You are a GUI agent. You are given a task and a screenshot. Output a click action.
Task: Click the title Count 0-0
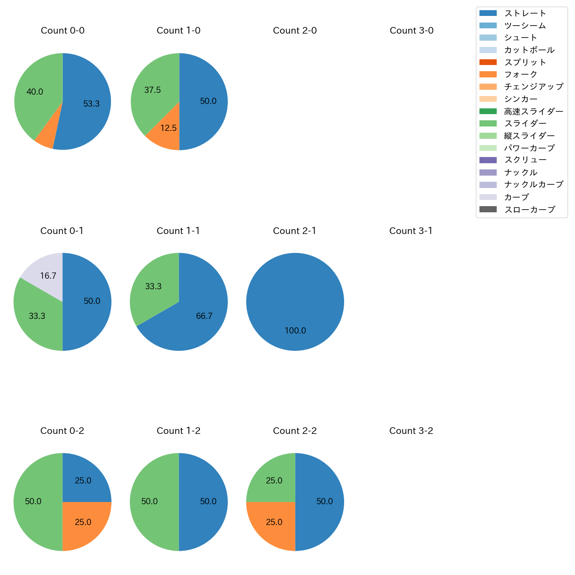pyautogui.click(x=62, y=31)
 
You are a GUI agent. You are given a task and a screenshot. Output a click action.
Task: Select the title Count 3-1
pyautogui.click(x=411, y=231)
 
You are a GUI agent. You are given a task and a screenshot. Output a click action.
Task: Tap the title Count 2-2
pyautogui.click(x=295, y=431)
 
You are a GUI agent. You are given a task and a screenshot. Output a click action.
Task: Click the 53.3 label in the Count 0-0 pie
pyautogui.click(x=92, y=104)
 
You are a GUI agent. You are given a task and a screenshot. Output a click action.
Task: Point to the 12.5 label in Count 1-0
pyautogui.click(x=169, y=128)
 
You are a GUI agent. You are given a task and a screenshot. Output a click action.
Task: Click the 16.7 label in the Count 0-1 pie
pyautogui.click(x=48, y=276)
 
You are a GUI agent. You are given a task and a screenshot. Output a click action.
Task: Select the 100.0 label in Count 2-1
pyautogui.click(x=295, y=331)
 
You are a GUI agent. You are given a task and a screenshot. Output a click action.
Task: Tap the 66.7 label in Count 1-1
pyautogui.click(x=204, y=316)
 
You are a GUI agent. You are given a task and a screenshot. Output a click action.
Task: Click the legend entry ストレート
pyautogui.click(x=525, y=13)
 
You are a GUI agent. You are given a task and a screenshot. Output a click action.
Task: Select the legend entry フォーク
pyautogui.click(x=521, y=74)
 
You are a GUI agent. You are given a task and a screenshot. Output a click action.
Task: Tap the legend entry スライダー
pyautogui.click(x=525, y=123)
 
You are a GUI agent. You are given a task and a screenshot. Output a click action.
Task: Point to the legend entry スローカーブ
pyautogui.click(x=529, y=210)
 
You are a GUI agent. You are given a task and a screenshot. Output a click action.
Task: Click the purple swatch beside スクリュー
pyautogui.click(x=488, y=160)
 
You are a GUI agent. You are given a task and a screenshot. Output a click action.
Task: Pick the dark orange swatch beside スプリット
pyautogui.click(x=488, y=62)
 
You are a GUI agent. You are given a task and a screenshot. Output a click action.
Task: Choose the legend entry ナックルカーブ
pyautogui.click(x=533, y=184)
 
